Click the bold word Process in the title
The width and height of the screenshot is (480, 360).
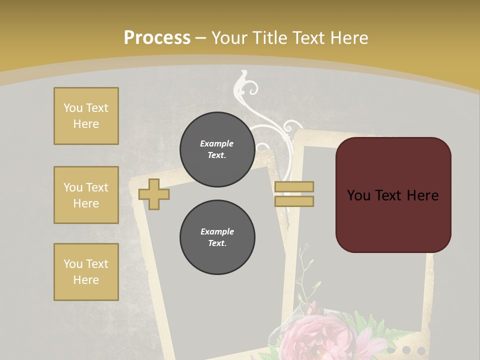(x=157, y=37)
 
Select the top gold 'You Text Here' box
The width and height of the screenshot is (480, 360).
(x=86, y=116)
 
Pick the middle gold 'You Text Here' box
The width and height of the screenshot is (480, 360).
(x=86, y=195)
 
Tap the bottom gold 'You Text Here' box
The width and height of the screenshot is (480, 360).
(x=86, y=272)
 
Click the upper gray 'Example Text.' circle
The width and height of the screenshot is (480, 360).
(x=217, y=149)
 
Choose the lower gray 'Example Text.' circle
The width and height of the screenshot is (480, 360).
(x=217, y=237)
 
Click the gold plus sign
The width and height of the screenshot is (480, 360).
(x=153, y=194)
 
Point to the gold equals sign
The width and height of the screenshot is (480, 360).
(x=294, y=194)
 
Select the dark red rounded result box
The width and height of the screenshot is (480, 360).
(x=393, y=195)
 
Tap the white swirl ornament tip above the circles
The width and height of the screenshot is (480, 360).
(x=244, y=76)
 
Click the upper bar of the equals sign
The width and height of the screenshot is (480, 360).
(x=294, y=186)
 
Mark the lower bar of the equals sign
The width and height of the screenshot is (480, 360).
(x=294, y=201)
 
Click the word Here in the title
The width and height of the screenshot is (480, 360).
(x=348, y=38)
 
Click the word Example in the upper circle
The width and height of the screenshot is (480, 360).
(x=217, y=143)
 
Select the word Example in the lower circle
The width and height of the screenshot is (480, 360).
(x=217, y=231)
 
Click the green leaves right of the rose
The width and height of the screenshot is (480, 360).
(x=370, y=327)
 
